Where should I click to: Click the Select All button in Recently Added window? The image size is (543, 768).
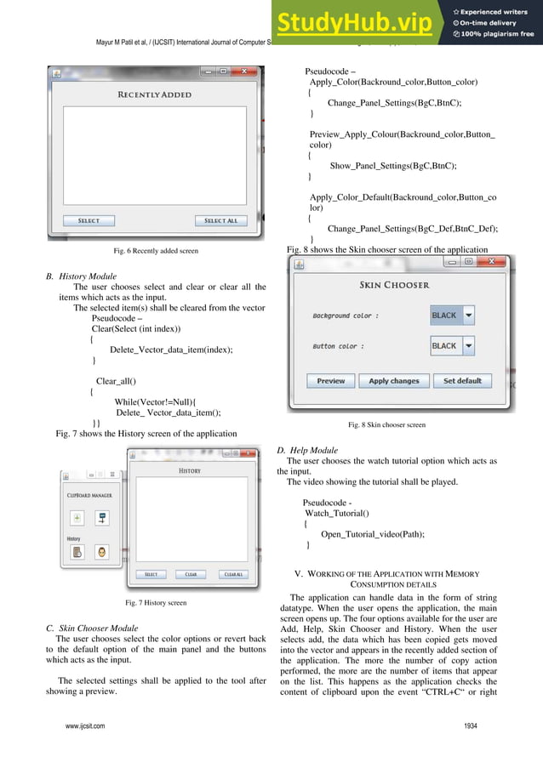click(221, 221)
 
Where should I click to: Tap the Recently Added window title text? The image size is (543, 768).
click(154, 94)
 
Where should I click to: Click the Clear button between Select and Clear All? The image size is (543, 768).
click(191, 574)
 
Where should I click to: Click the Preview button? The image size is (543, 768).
click(331, 381)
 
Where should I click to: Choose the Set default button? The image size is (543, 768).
click(462, 381)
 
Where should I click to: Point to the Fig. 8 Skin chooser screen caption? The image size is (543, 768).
click(387, 424)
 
